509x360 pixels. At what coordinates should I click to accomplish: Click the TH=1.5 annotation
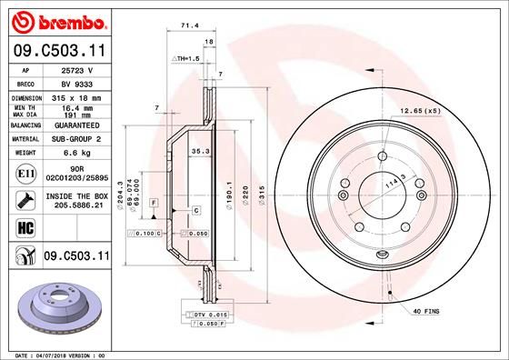[186, 58]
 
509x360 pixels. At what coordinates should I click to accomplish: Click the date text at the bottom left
[56, 353]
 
